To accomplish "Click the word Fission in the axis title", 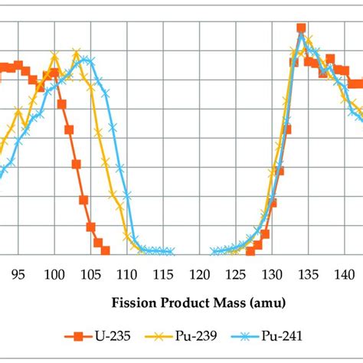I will tap(134, 303).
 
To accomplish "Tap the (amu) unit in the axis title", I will tap(268, 303).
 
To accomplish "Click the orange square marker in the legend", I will tap(77, 336).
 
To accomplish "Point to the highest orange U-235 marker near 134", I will tap(301, 28).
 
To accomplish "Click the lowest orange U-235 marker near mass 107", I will tap(105, 250).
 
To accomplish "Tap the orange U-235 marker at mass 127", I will tap(250, 250).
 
